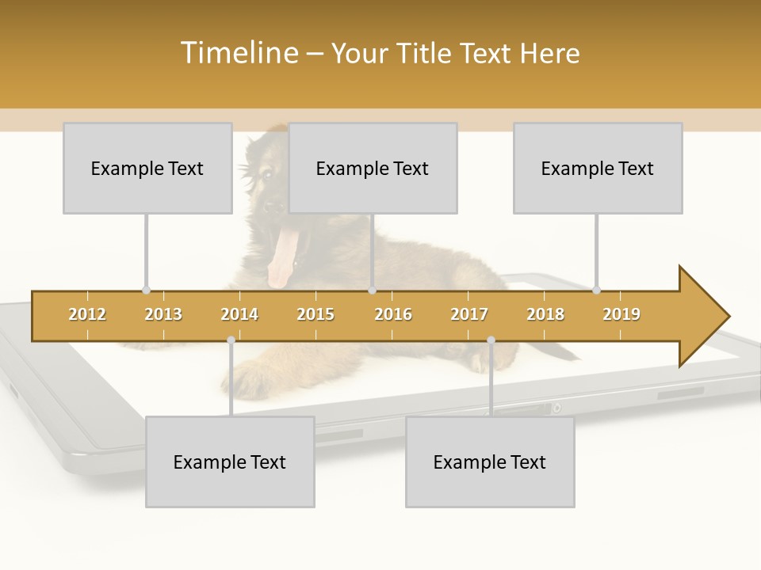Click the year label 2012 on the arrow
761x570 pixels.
87,314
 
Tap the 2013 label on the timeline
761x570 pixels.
163,314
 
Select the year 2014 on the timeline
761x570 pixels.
239,314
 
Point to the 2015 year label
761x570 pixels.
315,314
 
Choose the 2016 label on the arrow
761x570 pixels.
393,314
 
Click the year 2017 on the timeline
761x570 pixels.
469,314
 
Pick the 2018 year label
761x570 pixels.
545,314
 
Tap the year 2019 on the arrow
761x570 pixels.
621,314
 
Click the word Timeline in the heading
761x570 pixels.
239,53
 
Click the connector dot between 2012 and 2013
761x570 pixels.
146,290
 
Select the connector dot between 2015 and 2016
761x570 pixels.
372,290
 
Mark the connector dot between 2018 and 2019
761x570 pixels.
597,290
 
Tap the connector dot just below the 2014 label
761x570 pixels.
231,340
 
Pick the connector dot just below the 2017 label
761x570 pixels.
491,340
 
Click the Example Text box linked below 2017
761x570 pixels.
490,462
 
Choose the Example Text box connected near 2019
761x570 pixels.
598,168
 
